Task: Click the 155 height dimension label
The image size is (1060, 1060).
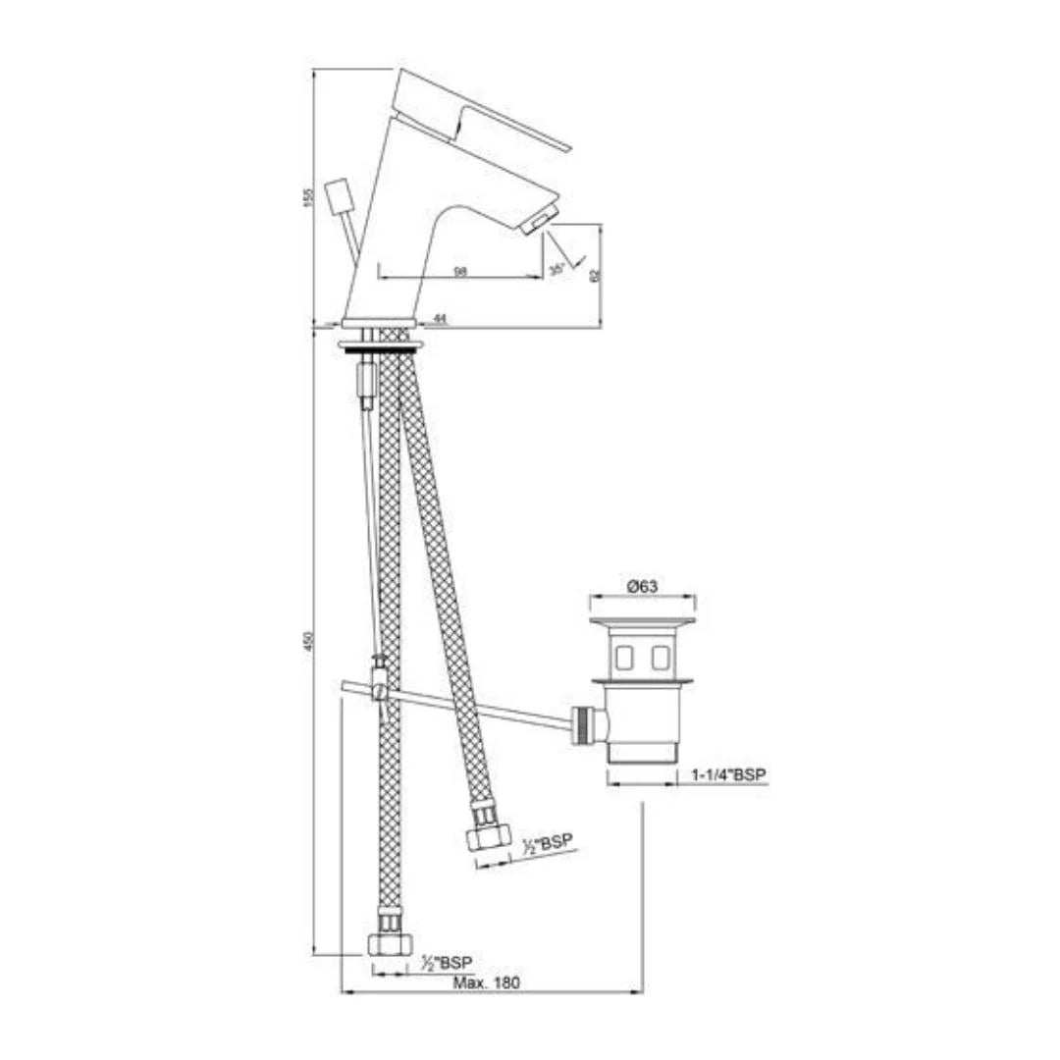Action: tap(307, 195)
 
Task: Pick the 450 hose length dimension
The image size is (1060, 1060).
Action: tap(307, 642)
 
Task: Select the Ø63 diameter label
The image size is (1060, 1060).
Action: tap(642, 585)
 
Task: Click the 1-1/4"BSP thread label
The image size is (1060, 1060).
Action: tap(728, 774)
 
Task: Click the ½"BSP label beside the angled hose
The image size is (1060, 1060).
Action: tap(548, 843)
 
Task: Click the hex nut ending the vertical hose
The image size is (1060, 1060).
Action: tap(389, 944)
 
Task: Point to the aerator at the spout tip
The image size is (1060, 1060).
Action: tap(541, 220)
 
